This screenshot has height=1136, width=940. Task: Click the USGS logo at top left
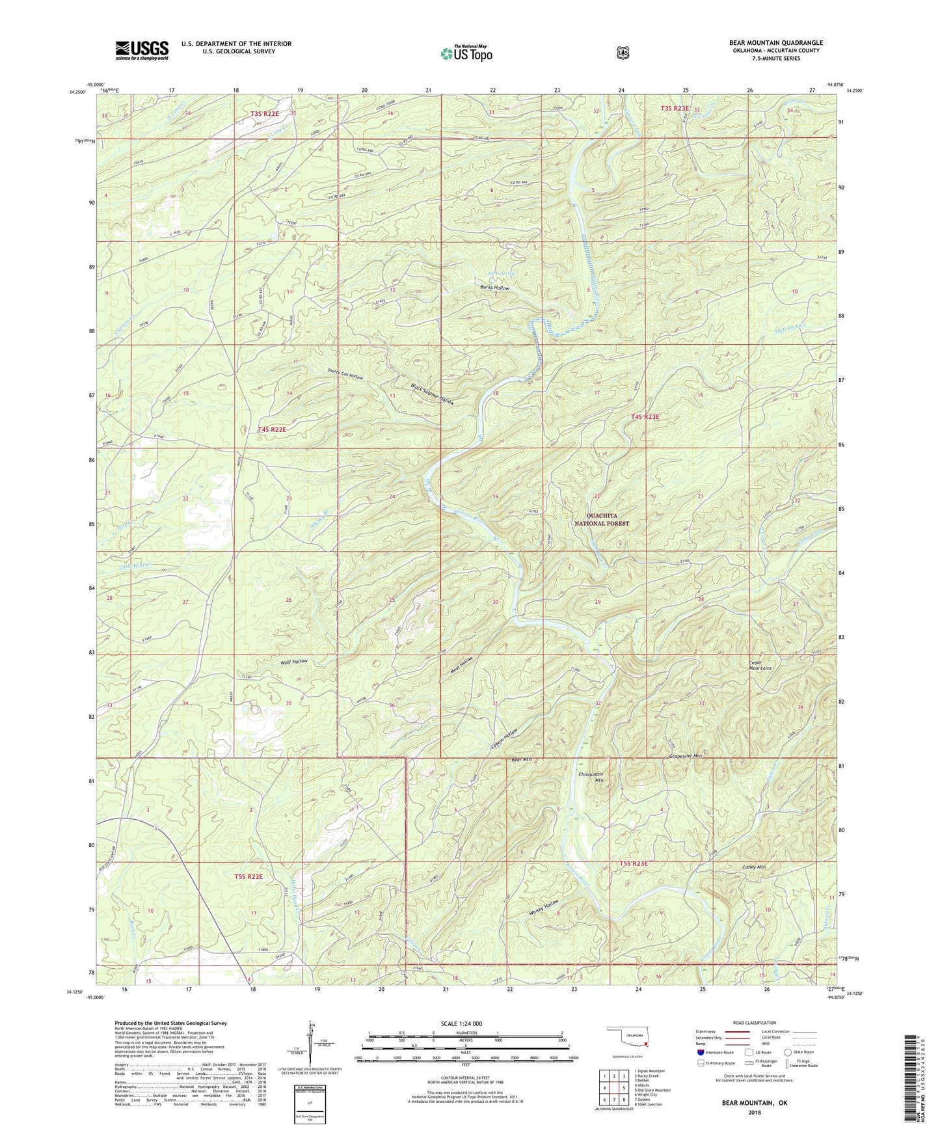(x=142, y=50)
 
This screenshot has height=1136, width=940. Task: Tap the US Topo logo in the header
(x=465, y=53)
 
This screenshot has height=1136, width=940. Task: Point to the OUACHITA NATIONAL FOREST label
(x=602, y=519)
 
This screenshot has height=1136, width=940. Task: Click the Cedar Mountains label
(x=760, y=665)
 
